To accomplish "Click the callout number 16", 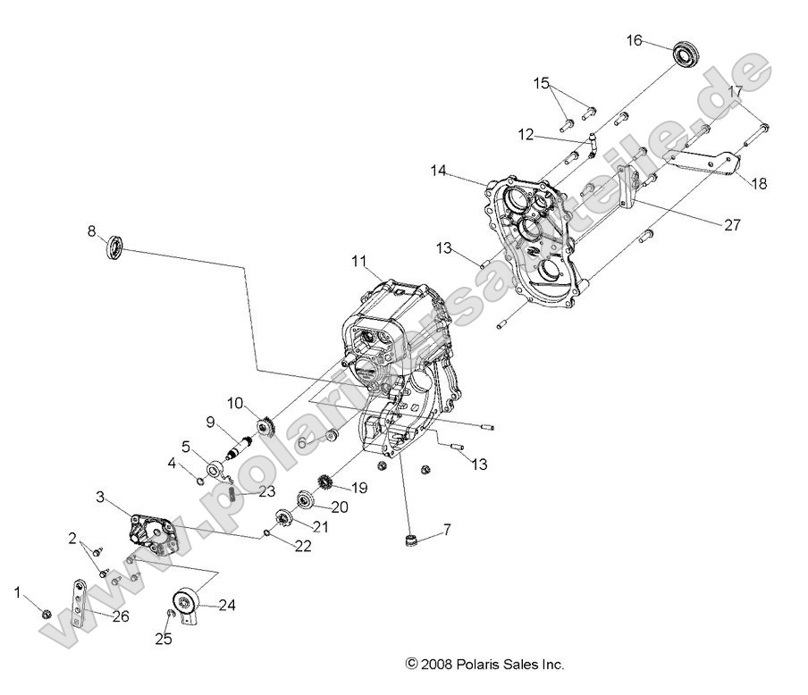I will point(634,40).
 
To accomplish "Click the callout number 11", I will point(358,261).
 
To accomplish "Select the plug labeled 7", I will point(412,539).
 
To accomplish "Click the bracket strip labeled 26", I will point(80,603).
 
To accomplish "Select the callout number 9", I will point(211,422).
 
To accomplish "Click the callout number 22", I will point(303,546).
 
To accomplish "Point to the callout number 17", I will point(735,91).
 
